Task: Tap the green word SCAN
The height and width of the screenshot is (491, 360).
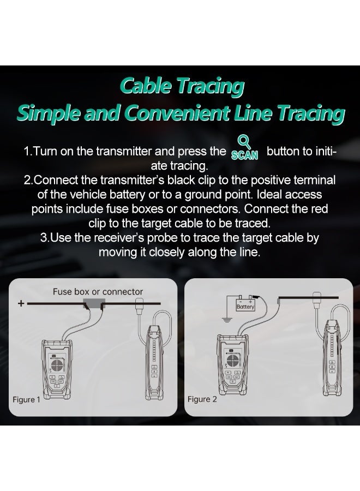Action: (x=244, y=155)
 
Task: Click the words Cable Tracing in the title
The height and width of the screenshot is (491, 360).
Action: (x=182, y=86)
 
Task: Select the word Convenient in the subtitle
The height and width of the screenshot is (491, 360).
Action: (x=177, y=113)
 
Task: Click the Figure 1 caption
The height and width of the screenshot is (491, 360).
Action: (x=26, y=399)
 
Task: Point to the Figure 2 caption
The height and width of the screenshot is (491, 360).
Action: (x=202, y=399)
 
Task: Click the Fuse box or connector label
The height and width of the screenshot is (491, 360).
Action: (x=98, y=291)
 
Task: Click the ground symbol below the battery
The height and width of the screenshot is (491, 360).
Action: (x=227, y=320)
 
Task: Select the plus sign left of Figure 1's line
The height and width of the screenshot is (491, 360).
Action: (x=21, y=303)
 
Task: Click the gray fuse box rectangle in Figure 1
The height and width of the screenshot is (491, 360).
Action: (x=94, y=303)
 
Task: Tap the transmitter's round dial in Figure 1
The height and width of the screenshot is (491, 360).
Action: (x=57, y=365)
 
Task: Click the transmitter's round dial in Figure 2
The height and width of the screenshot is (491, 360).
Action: (x=232, y=361)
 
